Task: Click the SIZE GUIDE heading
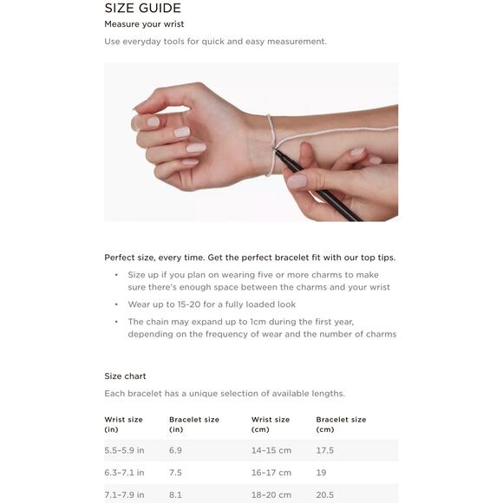143,8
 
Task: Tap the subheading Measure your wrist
144,24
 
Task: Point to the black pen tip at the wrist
276,150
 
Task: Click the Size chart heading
125,376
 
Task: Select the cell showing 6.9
175,450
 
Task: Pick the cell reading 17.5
325,450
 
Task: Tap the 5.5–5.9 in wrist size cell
124,450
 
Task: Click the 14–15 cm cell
271,450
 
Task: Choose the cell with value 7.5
175,473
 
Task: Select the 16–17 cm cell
271,473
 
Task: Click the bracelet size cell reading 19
321,473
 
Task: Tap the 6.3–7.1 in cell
124,473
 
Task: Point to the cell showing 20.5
325,495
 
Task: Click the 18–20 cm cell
271,495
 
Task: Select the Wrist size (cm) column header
271,424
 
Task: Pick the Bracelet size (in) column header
194,424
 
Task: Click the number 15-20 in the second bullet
189,304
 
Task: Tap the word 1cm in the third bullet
257,322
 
